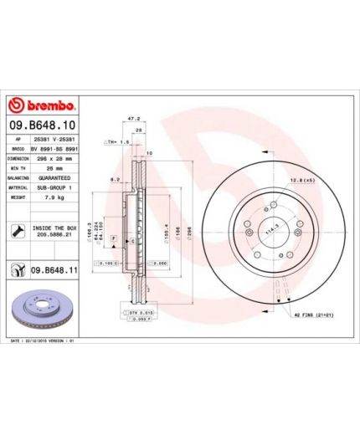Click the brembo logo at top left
point(42,105)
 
